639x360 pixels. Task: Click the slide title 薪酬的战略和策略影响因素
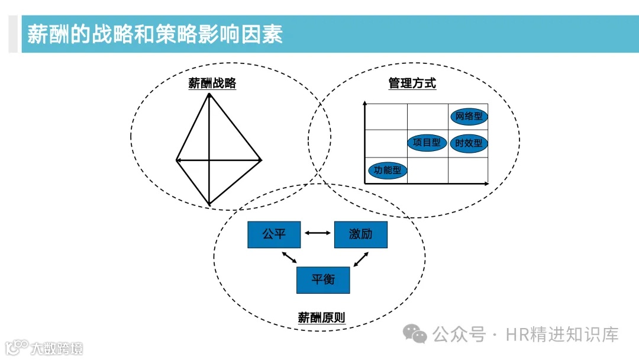(x=155, y=34)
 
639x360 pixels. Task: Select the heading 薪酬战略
(x=212, y=83)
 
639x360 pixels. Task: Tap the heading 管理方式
(x=412, y=83)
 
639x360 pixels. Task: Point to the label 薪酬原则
(x=321, y=317)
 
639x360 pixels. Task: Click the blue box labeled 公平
(x=274, y=234)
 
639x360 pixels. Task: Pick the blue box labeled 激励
(x=361, y=234)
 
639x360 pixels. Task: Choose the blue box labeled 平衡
(x=323, y=279)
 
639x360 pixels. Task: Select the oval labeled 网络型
(x=469, y=117)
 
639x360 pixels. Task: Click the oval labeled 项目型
(x=427, y=143)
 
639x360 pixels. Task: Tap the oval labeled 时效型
(x=469, y=143)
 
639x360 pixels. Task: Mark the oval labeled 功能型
(x=388, y=171)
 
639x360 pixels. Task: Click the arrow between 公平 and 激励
(x=318, y=233)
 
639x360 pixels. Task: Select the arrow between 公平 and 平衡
(x=289, y=258)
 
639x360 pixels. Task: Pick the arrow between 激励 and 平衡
(x=361, y=258)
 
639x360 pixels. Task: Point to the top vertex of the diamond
(x=209, y=94)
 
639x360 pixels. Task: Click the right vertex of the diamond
(x=261, y=160)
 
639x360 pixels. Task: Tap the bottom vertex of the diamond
(x=209, y=205)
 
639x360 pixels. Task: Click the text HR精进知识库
(x=562, y=335)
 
